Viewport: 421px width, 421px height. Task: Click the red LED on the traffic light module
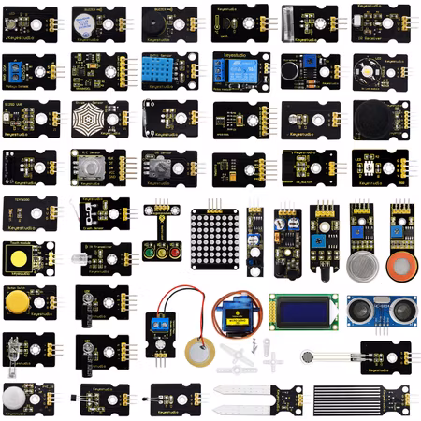point(176,251)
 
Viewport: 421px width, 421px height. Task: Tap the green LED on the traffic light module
point(149,251)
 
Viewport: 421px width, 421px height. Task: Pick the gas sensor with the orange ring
point(401,263)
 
